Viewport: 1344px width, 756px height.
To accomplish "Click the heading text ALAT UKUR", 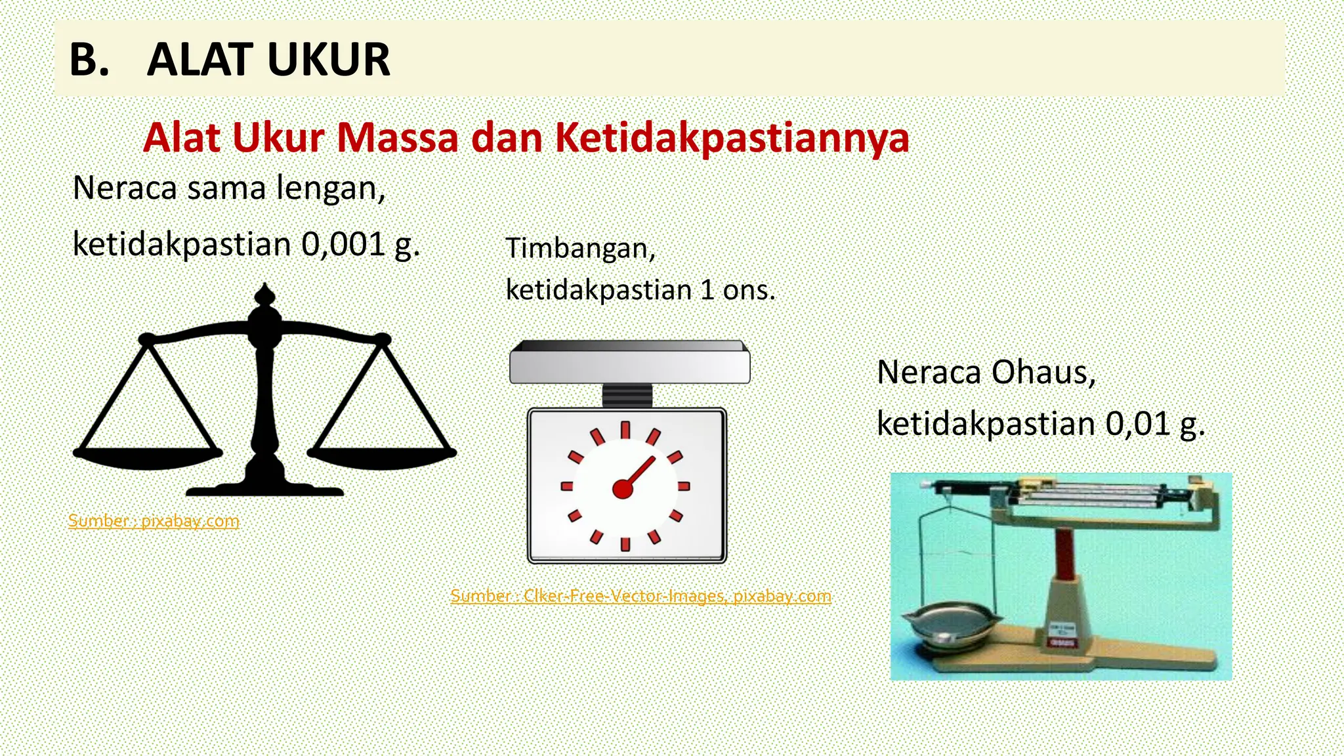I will coord(268,60).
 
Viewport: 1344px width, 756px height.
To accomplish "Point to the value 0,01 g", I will coord(1154,424).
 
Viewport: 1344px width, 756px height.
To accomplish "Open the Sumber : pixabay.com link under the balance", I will coord(154,521).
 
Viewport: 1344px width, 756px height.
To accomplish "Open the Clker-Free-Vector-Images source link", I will coord(640,596).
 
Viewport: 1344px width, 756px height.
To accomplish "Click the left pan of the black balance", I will coord(148,455).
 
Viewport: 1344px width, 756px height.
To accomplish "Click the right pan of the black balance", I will coord(382,455).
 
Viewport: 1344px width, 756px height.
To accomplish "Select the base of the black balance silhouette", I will coord(264,488).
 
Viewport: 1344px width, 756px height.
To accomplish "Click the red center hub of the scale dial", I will coord(622,489).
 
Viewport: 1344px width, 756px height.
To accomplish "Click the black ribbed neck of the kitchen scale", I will coord(627,396).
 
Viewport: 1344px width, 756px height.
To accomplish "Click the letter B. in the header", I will coord(89,60).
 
